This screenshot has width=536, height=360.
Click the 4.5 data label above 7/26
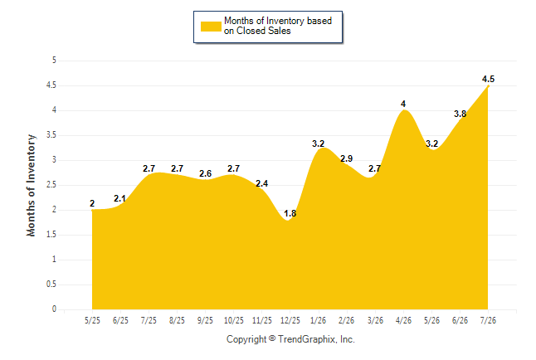pyautogui.click(x=488, y=79)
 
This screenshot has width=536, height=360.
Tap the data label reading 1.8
pyautogui.click(x=290, y=213)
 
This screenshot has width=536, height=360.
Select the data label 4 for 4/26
pyautogui.click(x=403, y=104)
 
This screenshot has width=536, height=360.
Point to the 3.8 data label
pyautogui.click(x=460, y=114)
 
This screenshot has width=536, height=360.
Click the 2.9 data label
pyautogui.click(x=346, y=158)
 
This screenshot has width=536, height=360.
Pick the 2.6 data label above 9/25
pyautogui.click(x=206, y=173)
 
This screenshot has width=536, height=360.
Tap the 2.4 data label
pyautogui.click(x=262, y=183)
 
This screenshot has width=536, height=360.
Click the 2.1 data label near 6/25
pyautogui.click(x=120, y=198)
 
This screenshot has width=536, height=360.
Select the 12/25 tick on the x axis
pyautogui.click(x=290, y=321)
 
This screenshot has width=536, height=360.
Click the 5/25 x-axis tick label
pyautogui.click(x=92, y=321)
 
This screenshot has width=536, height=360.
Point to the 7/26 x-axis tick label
pyautogui.click(x=488, y=321)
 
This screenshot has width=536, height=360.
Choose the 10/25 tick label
pyautogui.click(x=234, y=321)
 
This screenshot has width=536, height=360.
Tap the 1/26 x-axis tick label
pyautogui.click(x=319, y=321)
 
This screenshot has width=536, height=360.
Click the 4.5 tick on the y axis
pyautogui.click(x=51, y=85)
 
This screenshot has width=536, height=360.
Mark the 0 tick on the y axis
pyautogui.click(x=54, y=309)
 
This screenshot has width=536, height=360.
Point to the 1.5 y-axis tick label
pyautogui.click(x=51, y=235)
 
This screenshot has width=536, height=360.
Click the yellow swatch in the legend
pyautogui.click(x=211, y=27)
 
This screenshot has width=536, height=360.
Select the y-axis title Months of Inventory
pyautogui.click(x=31, y=185)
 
